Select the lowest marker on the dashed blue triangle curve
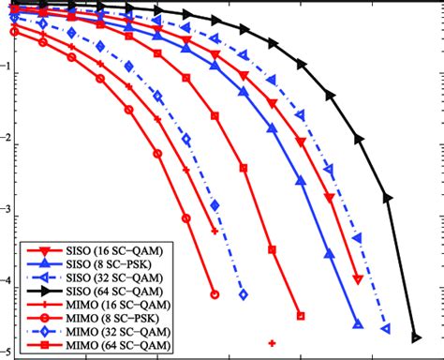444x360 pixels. coord(388,328)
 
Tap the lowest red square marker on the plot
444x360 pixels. coord(301,316)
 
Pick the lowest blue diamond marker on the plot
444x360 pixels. coord(244,294)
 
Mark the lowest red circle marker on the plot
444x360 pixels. coord(215,293)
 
